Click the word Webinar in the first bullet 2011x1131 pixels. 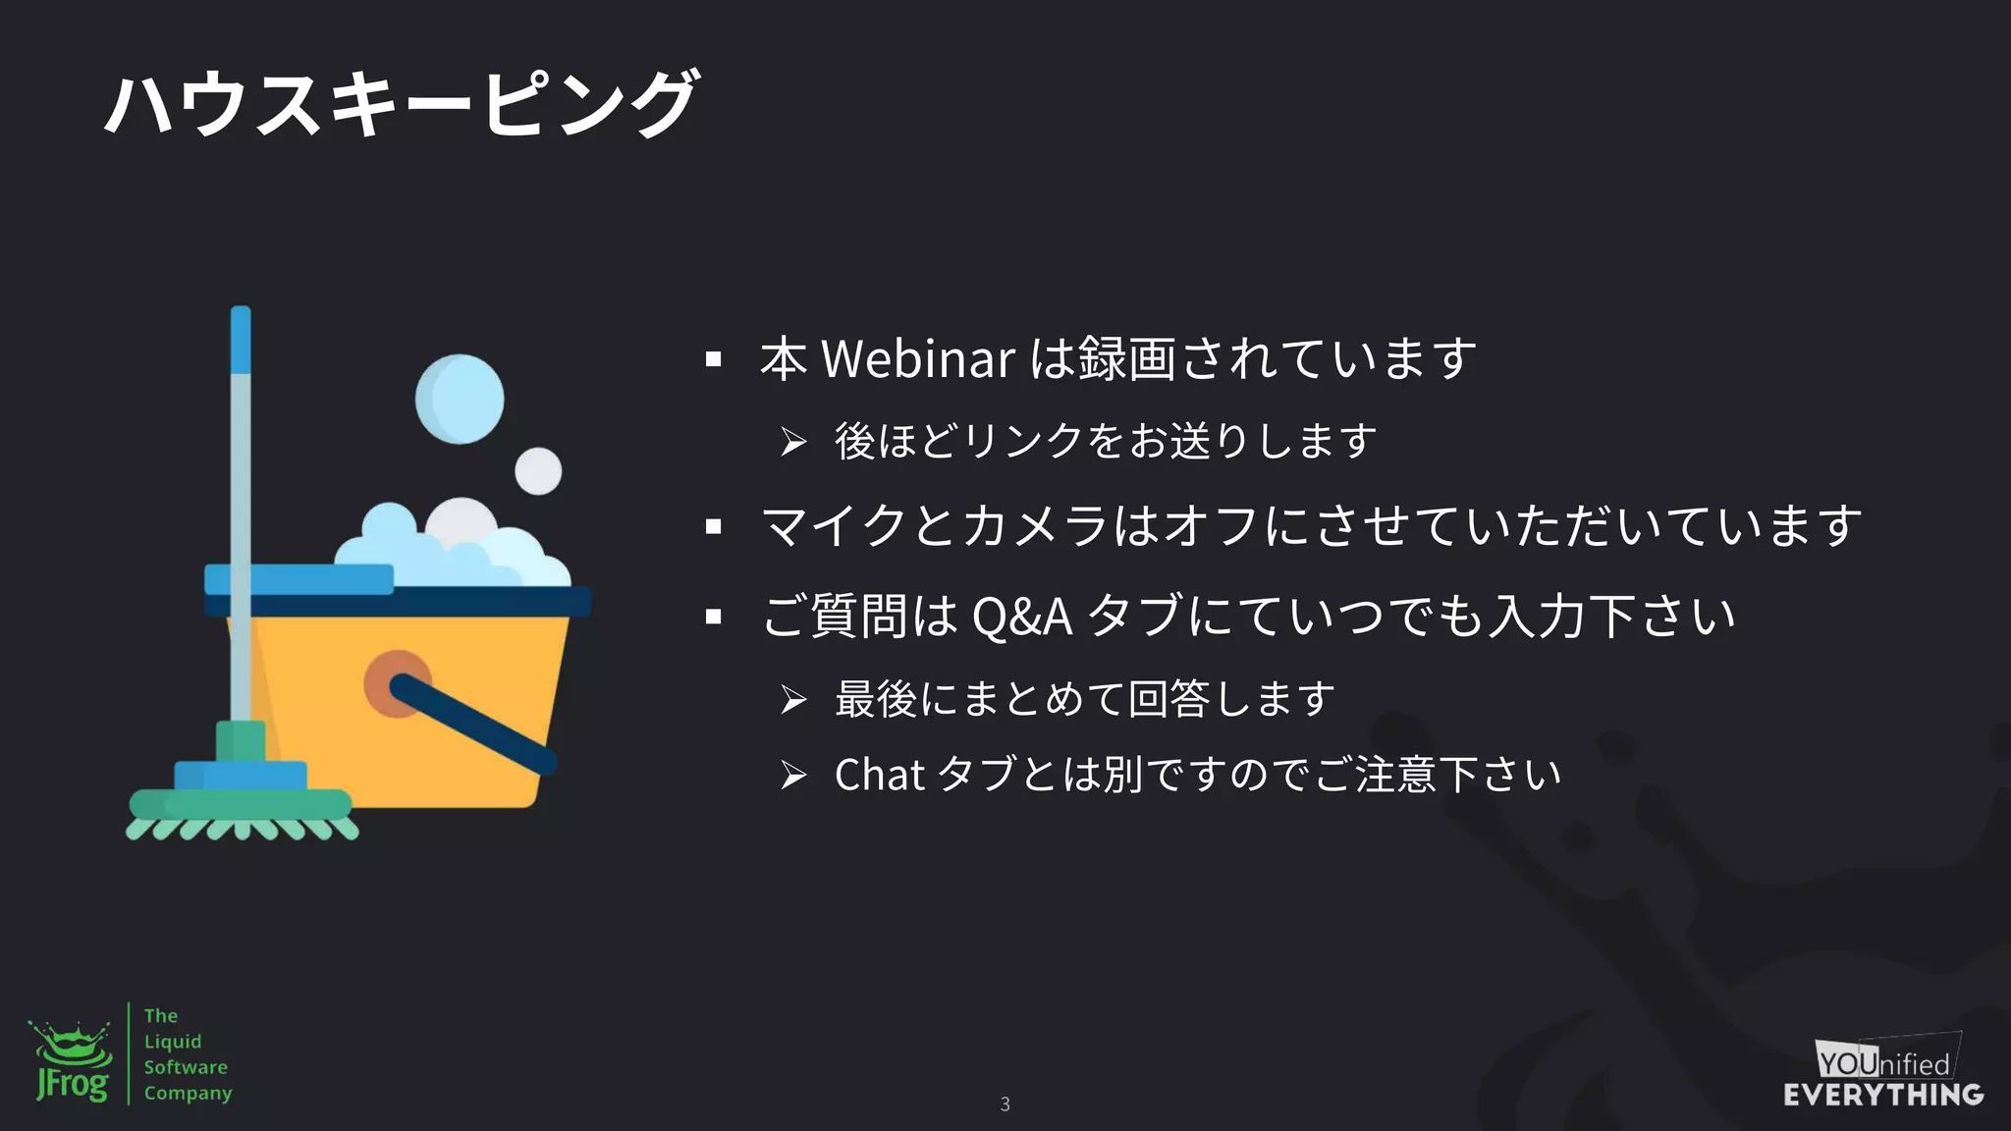pyautogui.click(x=917, y=358)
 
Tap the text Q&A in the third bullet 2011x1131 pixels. pyautogui.click(x=1021, y=618)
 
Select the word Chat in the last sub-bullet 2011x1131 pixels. pyautogui.click(x=879, y=775)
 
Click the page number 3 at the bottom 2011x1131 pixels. pyautogui.click(x=1005, y=1104)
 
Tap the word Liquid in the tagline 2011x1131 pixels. pyautogui.click(x=173, y=1042)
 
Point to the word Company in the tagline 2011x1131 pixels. pyautogui.click(x=188, y=1093)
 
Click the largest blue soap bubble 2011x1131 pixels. pyautogui.click(x=460, y=399)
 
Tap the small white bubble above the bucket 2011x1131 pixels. pyautogui.click(x=538, y=470)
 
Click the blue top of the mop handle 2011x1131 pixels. pyautogui.click(x=241, y=339)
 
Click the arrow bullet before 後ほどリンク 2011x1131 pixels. pyautogui.click(x=793, y=442)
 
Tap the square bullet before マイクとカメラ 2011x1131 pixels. pyautogui.click(x=714, y=527)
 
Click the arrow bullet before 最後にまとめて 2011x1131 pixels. pyautogui.click(x=793, y=700)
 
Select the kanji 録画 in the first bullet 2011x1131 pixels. pyautogui.click(x=1126, y=358)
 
